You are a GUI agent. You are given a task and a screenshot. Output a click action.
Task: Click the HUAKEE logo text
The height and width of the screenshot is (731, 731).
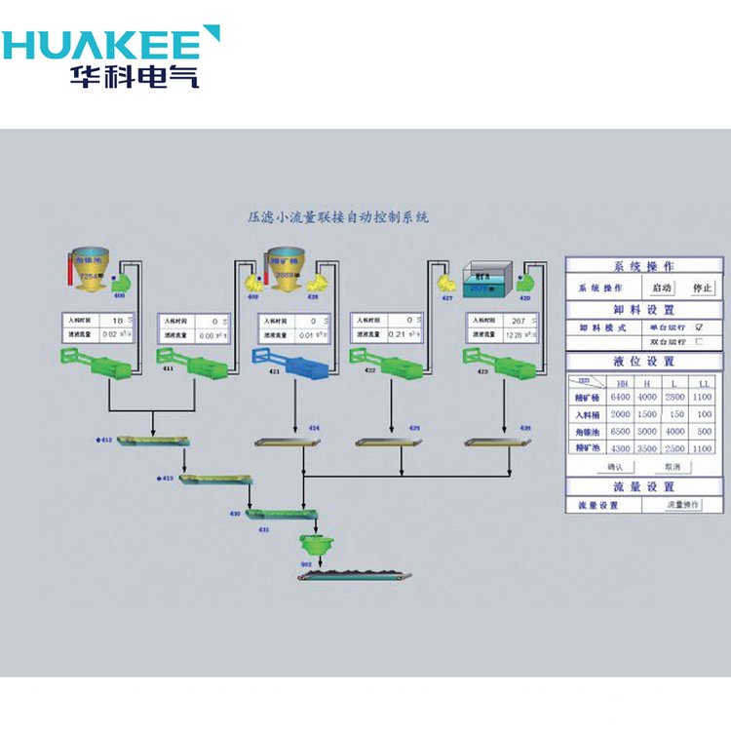[102, 45]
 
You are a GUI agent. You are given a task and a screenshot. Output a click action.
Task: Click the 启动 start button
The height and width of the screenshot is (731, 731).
[662, 289]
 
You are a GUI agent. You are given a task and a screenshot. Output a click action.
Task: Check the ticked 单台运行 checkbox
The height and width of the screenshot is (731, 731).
[699, 327]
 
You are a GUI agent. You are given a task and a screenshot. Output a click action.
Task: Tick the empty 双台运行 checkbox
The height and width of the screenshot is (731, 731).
[699, 342]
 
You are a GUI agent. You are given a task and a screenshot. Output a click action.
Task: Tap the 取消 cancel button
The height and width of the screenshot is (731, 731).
[672, 467]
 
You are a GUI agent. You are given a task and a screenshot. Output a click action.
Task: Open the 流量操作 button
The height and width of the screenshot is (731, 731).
[682, 505]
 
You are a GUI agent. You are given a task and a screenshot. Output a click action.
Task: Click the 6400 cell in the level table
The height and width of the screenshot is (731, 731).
[620, 397]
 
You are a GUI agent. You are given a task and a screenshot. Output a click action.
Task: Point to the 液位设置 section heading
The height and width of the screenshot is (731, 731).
[644, 362]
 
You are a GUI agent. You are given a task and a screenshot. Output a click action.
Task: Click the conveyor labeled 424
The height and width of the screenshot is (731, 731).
[289, 443]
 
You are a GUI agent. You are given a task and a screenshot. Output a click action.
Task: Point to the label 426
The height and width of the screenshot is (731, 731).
[525, 427]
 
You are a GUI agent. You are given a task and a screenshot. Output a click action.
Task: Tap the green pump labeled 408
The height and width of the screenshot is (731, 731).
[123, 284]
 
